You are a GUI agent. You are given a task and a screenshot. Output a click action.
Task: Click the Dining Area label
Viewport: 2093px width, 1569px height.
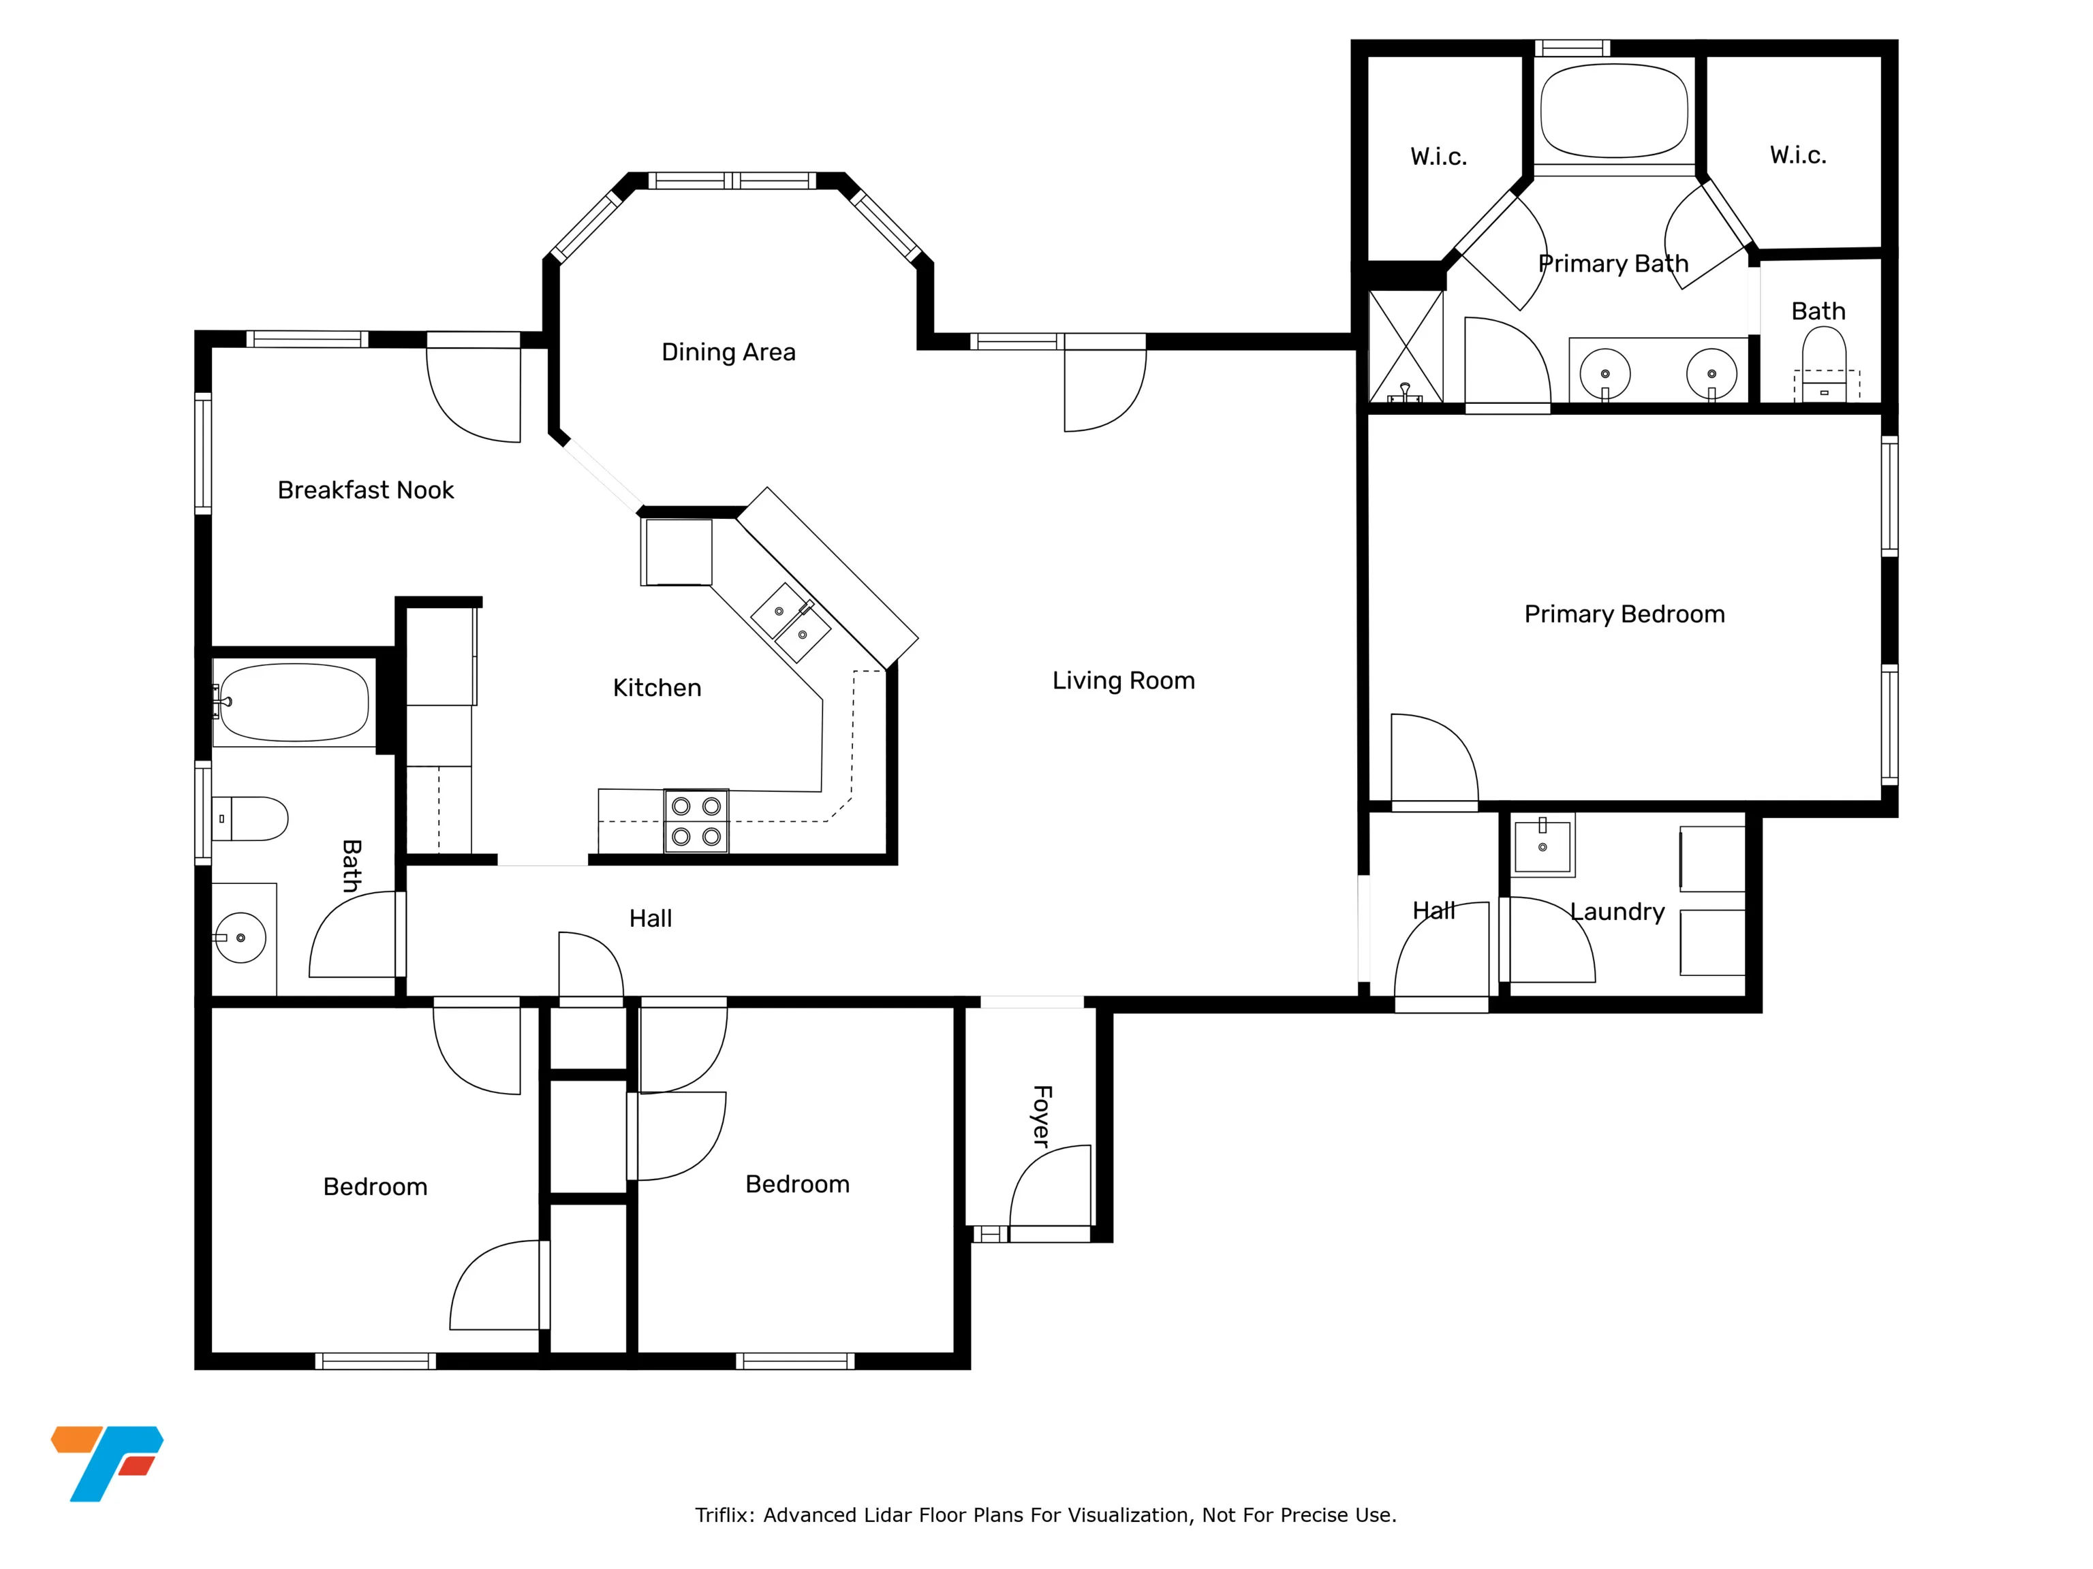(728, 352)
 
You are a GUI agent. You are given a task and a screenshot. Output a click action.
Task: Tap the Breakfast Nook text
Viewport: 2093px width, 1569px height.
(365, 490)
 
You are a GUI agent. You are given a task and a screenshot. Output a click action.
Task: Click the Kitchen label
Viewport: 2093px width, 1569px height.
(657, 688)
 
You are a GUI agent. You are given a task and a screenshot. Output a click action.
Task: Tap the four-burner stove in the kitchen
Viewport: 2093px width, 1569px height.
(696, 820)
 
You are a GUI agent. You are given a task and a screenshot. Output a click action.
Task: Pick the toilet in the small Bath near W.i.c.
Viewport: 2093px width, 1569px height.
(1823, 364)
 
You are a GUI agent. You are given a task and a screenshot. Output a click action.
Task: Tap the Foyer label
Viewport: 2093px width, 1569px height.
(1042, 1116)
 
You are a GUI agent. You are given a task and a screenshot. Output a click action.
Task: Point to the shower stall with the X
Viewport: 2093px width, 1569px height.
(1406, 347)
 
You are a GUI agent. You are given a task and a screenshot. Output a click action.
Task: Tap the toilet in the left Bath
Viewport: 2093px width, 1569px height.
(250, 819)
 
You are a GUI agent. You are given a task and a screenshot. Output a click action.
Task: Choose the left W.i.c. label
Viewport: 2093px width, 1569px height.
(1438, 157)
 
